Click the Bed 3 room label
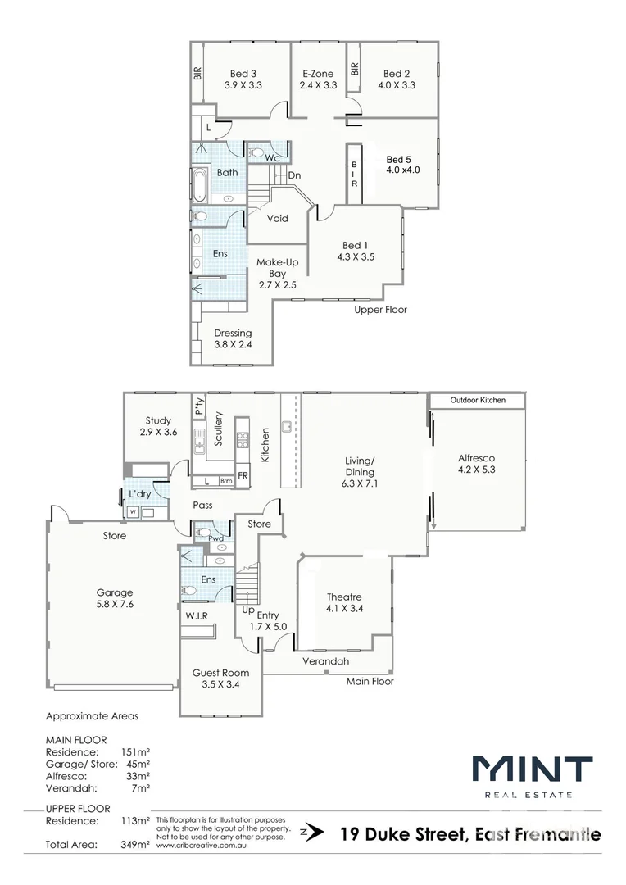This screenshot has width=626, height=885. (x=244, y=74)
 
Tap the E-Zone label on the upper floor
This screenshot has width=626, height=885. (x=317, y=74)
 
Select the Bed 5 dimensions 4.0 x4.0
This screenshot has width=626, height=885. (x=402, y=170)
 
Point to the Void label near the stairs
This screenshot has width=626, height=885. (x=278, y=219)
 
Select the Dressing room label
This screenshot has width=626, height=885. (x=233, y=334)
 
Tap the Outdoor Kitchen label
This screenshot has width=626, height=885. (x=479, y=400)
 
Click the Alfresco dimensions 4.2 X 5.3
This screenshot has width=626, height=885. (x=477, y=470)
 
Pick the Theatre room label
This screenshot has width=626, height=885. (x=344, y=597)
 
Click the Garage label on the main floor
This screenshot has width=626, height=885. (x=114, y=592)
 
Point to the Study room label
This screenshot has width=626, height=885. (x=158, y=420)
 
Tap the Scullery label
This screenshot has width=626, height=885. (x=219, y=428)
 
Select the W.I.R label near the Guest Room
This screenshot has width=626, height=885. (x=196, y=615)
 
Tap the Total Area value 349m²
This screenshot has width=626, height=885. (x=136, y=843)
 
